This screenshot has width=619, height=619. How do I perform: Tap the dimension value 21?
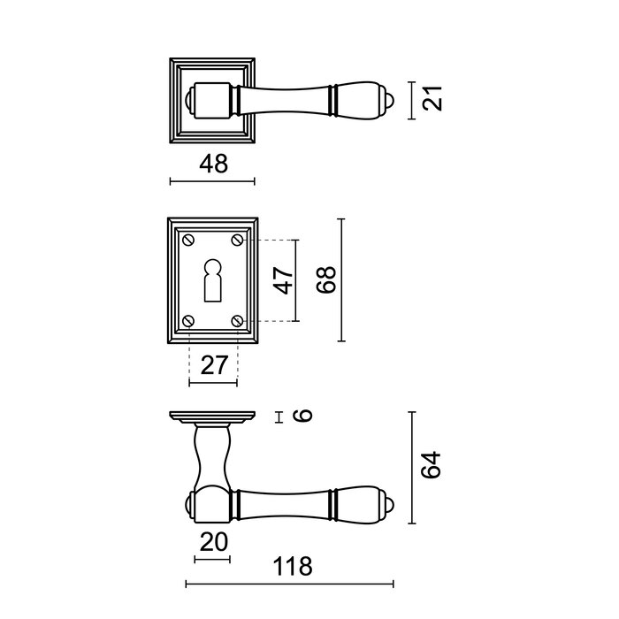tap(432, 99)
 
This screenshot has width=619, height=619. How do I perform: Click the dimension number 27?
tap(213, 364)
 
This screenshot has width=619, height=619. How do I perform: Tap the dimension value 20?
tap(211, 541)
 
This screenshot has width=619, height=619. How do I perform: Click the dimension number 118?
tap(292, 566)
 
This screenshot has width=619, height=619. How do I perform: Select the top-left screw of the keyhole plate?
tap(188, 240)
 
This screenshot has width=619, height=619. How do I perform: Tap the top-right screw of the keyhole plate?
tap(237, 240)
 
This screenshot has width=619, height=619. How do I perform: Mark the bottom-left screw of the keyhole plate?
tap(188, 320)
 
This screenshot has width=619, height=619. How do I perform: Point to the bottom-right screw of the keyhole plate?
tap(237, 320)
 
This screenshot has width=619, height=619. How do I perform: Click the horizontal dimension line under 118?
tap(289, 584)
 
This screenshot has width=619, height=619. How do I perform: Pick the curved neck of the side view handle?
tap(212, 455)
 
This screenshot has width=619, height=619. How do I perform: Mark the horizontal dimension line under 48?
tap(213, 182)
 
